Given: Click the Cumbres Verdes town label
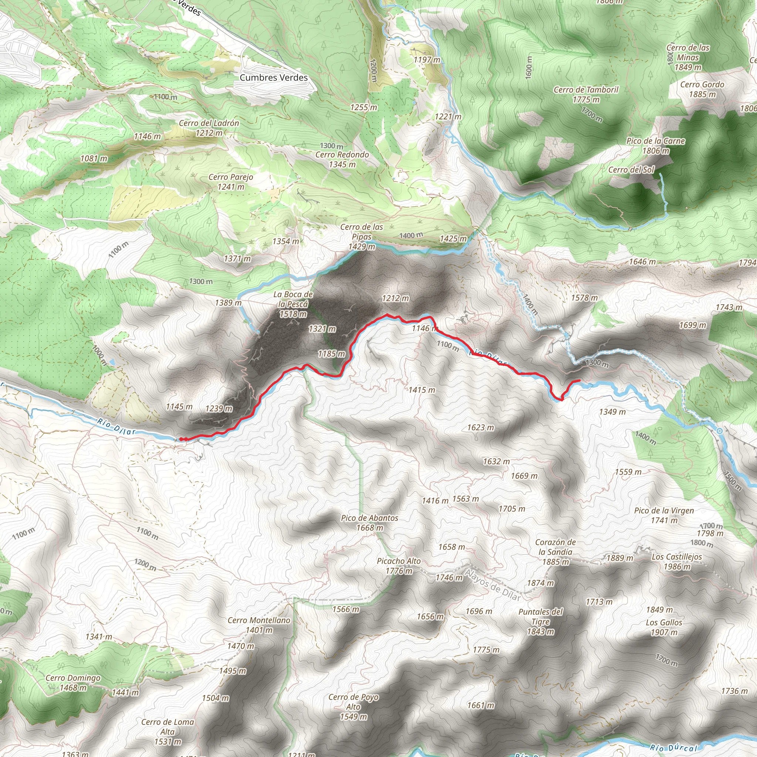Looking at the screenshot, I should (274, 78).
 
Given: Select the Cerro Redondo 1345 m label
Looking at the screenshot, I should (342, 159).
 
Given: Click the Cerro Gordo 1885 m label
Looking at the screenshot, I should (702, 89).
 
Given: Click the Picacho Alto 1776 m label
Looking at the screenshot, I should (398, 566).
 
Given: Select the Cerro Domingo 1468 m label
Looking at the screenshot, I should (73, 683).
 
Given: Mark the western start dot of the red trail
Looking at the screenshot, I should (182, 439).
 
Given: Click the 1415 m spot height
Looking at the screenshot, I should (422, 390).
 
